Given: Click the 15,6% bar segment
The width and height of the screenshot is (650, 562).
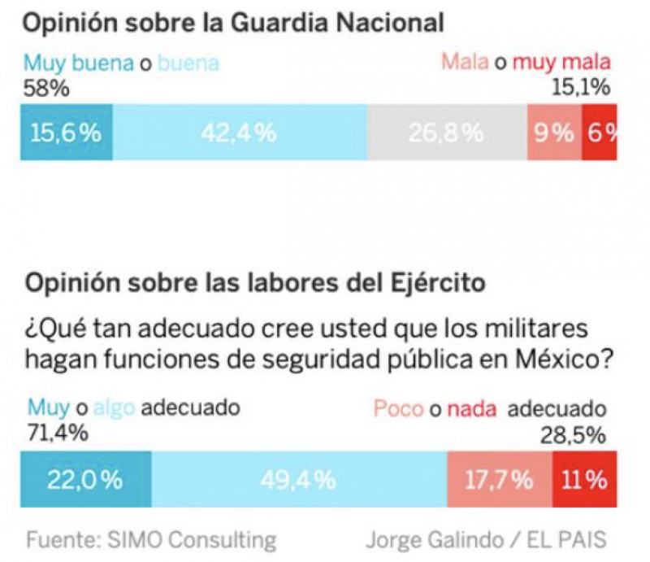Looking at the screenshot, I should pyautogui.click(x=66, y=132).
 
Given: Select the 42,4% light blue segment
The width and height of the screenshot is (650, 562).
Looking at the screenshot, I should pyautogui.click(x=239, y=132).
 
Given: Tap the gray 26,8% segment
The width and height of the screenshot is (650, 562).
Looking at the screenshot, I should pyautogui.click(x=446, y=132).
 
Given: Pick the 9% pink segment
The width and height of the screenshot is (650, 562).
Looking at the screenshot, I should pyautogui.click(x=554, y=132).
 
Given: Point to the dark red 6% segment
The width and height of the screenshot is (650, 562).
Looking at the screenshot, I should pyautogui.click(x=600, y=132).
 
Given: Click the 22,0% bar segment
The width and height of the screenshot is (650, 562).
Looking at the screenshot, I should pyautogui.click(x=84, y=480).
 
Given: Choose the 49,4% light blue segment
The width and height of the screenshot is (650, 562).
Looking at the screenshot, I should pyautogui.click(x=298, y=480).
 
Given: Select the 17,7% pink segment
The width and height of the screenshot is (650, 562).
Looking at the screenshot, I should pyautogui.click(x=499, y=480).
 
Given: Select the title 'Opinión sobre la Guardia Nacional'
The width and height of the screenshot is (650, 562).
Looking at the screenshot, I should pyautogui.click(x=234, y=23).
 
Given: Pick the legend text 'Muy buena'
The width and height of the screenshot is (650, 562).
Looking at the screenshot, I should pyautogui.click(x=78, y=63).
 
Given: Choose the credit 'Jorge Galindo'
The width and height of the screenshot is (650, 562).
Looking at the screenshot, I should pyautogui.click(x=435, y=539).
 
